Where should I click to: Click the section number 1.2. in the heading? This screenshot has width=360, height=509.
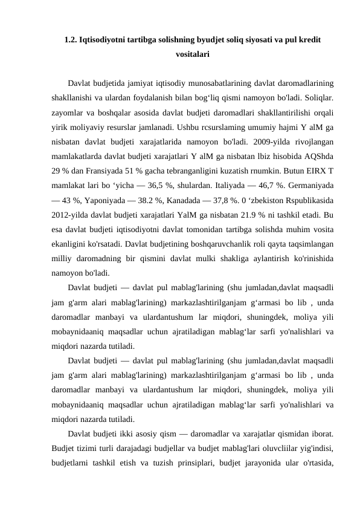(x=70, y=41)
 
